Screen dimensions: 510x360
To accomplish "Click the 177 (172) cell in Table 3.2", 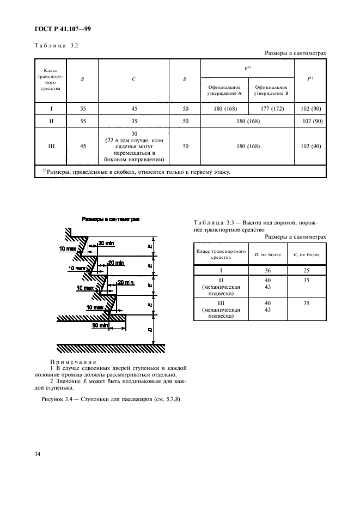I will point(271,108).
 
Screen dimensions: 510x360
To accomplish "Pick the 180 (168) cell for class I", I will point(224,108).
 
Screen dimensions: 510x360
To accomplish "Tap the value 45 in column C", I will point(134,108).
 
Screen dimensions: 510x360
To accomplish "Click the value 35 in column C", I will point(134,121).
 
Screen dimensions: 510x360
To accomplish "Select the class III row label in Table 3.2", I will point(50,146).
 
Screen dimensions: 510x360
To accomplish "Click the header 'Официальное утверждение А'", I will point(224,90).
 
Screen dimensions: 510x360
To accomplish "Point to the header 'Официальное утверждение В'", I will point(271,90).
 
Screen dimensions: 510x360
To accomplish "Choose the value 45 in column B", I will point(82,146).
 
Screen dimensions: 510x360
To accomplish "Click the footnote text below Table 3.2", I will point(136,172).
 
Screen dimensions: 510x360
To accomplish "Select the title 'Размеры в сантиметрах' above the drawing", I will point(111,219).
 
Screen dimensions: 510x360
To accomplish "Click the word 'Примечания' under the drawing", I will point(73,362).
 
